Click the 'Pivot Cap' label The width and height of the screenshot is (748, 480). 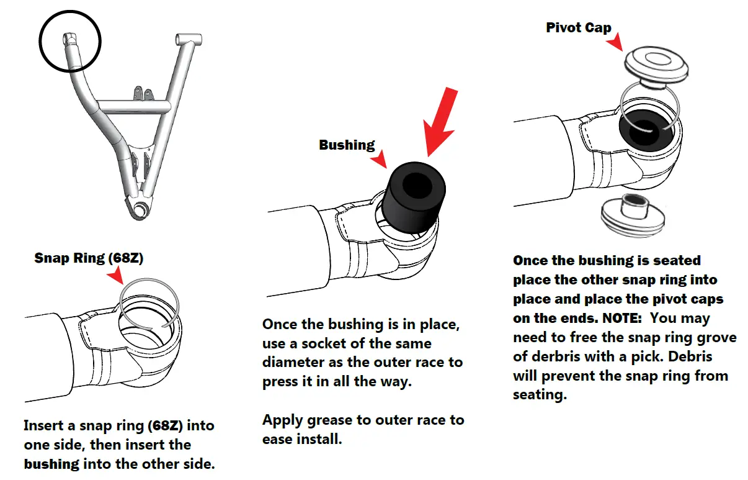tap(578, 28)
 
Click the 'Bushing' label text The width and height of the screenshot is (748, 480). tap(347, 145)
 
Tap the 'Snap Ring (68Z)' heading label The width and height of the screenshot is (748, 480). tap(89, 258)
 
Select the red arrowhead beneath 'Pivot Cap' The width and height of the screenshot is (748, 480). tap(615, 43)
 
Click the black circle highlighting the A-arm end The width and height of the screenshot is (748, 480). tap(69, 40)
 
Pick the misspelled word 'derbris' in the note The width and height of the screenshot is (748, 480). tap(552, 357)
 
